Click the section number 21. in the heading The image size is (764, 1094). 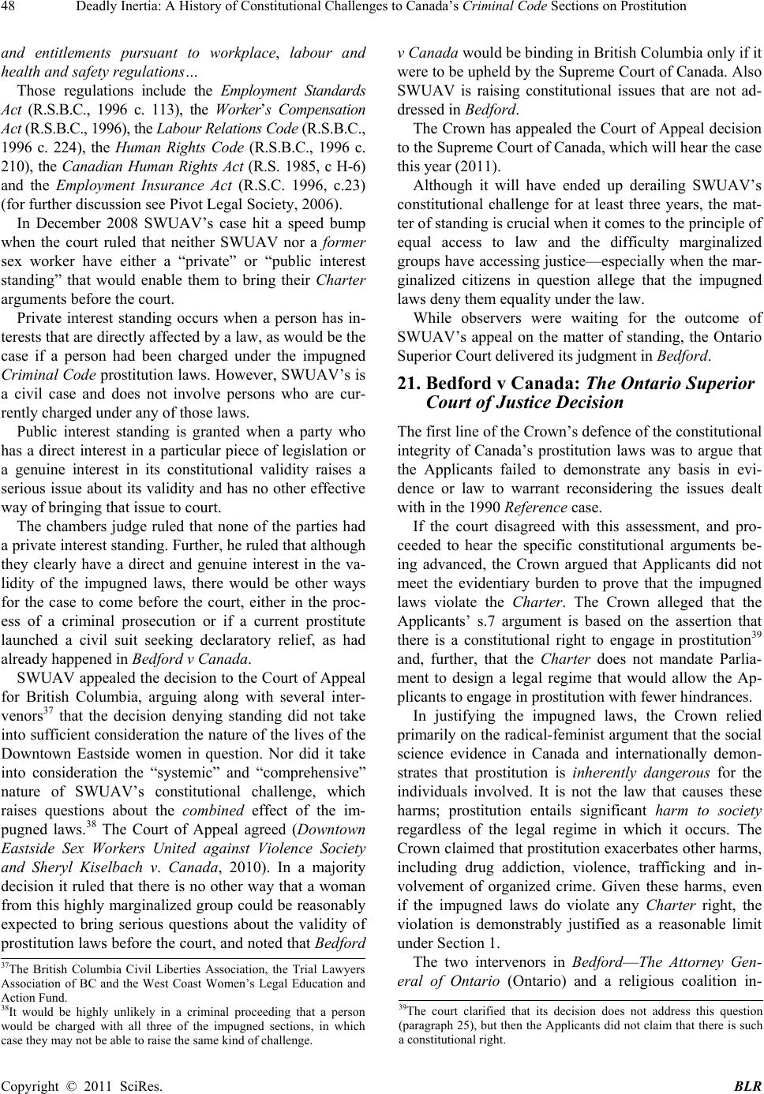coord(410,384)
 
